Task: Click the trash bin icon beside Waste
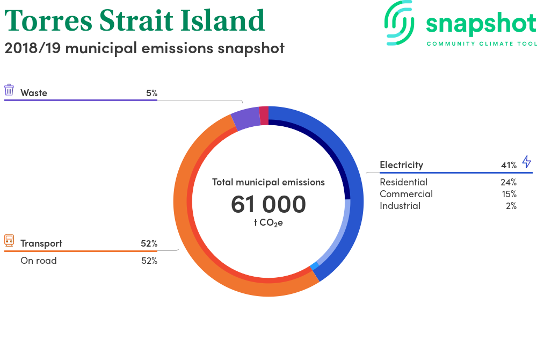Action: coord(9,90)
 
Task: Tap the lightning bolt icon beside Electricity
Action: coord(527,161)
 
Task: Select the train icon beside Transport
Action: coord(9,241)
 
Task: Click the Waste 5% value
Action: coord(152,93)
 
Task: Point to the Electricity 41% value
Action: coord(509,165)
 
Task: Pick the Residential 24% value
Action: coord(509,182)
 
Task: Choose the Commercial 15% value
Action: coord(509,194)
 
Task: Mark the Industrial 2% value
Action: coord(511,206)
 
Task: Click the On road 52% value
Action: coord(149,261)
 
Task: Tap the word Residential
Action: coord(403,182)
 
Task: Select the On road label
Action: coord(38,261)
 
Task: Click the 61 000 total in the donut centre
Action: coord(268,204)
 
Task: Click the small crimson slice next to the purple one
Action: coord(264,116)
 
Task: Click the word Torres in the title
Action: coord(48,20)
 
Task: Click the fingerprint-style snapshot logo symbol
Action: coord(400,23)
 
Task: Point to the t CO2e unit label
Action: coord(268,223)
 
